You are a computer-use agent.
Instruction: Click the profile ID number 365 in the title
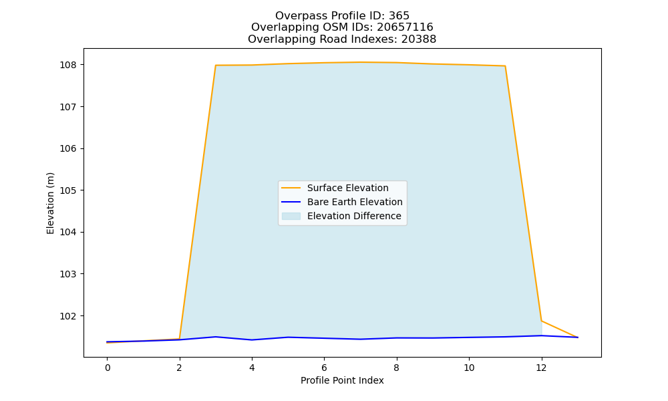[x=399, y=16]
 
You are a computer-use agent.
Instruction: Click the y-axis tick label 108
[x=67, y=65]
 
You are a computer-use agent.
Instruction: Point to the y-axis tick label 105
[x=67, y=190]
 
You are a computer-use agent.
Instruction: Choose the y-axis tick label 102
[x=67, y=316]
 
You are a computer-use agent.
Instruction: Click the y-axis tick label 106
[x=67, y=149]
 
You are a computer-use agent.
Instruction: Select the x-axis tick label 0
[x=108, y=368]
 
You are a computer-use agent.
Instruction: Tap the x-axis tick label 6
[x=324, y=368]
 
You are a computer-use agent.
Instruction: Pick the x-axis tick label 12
[x=541, y=368]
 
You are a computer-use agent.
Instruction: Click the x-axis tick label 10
[x=469, y=368]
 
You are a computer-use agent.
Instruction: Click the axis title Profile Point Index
[x=342, y=380]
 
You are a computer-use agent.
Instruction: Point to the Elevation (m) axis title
[x=50, y=203]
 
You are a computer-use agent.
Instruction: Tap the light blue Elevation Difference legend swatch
[x=291, y=216]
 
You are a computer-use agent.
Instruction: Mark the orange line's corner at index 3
[x=216, y=65]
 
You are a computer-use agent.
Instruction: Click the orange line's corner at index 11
[x=505, y=66]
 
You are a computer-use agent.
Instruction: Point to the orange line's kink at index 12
[x=542, y=321]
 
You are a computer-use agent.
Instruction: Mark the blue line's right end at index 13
[x=578, y=338]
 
